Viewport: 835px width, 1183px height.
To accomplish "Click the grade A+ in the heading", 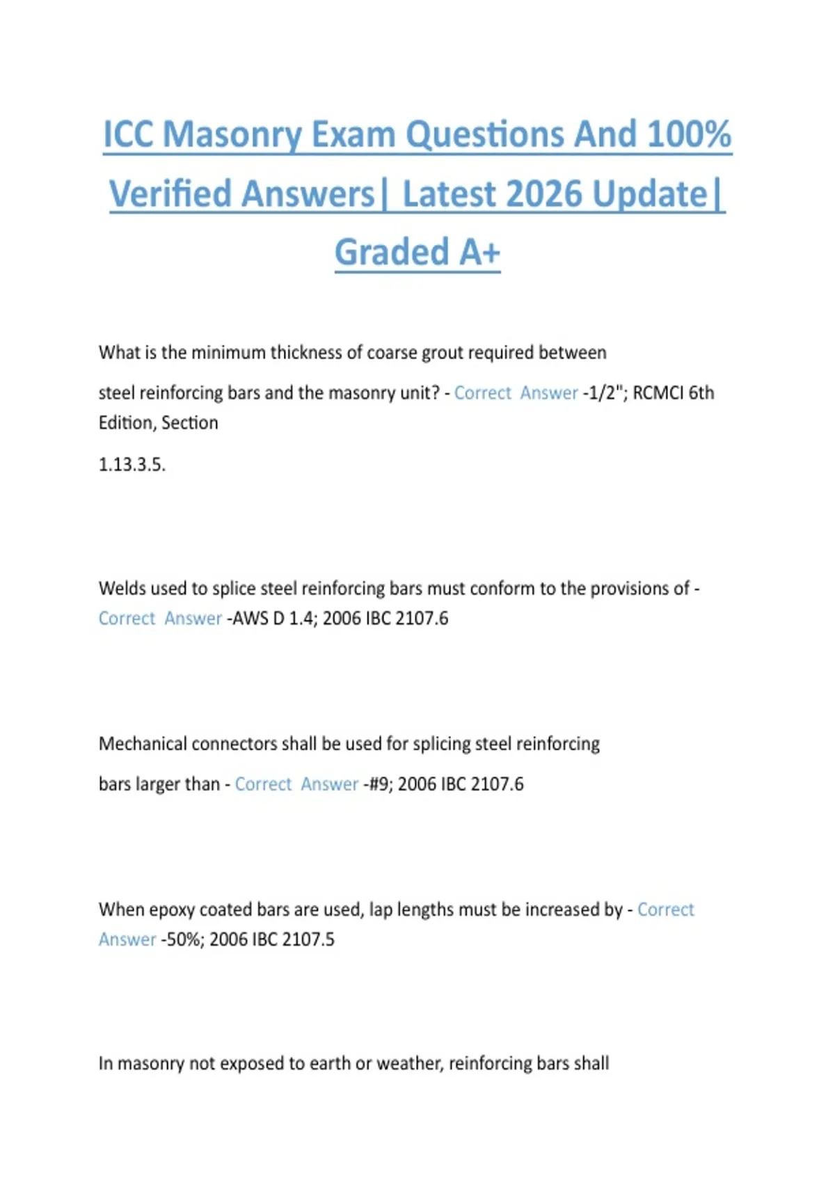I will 477,252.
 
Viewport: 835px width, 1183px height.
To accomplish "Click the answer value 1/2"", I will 603,393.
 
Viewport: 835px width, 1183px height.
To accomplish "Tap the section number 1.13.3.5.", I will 132,464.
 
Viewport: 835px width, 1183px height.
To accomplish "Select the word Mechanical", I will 142,744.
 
